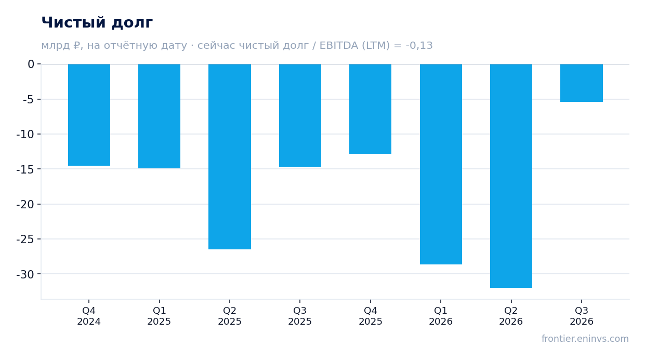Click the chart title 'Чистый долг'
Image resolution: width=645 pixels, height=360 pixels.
point(97,23)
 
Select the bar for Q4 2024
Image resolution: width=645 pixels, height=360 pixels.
point(89,115)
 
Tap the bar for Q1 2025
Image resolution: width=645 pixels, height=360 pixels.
point(159,116)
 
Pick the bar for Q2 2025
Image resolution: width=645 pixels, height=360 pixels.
point(230,156)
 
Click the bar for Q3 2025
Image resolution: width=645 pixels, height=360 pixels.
point(300,115)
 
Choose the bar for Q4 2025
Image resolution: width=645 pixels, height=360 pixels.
point(370,109)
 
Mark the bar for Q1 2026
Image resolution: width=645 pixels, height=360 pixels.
point(441,164)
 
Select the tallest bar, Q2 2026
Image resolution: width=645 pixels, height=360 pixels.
point(511,176)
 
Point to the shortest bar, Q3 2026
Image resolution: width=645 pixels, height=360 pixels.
point(582,83)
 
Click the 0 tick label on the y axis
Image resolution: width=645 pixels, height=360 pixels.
point(31,64)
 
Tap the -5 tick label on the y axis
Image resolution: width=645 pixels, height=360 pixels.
point(29,100)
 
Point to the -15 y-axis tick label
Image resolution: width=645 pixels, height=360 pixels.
point(25,169)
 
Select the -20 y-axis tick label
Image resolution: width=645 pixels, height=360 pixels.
point(25,205)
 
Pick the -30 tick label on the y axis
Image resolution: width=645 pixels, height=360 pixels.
point(25,274)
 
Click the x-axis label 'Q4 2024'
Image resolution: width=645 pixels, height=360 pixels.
point(89,316)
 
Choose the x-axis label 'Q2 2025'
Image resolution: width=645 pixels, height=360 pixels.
point(230,316)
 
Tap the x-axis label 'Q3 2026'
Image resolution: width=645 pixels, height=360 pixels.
point(582,316)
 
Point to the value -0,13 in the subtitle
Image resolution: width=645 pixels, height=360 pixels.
point(419,46)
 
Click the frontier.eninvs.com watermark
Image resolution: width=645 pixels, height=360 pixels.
point(585,339)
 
